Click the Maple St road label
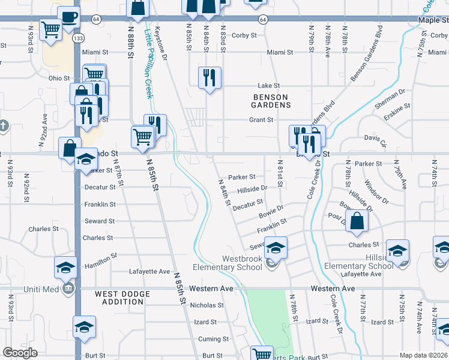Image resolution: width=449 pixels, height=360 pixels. (x=433, y=19)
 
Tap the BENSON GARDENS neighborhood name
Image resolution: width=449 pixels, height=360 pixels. (x=271, y=101)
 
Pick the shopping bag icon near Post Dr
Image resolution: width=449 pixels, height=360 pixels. (x=357, y=220)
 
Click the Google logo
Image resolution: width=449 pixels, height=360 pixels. (x=20, y=352)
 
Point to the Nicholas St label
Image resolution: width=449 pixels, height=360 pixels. (x=206, y=305)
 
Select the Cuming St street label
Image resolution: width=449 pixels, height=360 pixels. (x=209, y=339)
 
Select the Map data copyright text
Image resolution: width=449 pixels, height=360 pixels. (x=424, y=355)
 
